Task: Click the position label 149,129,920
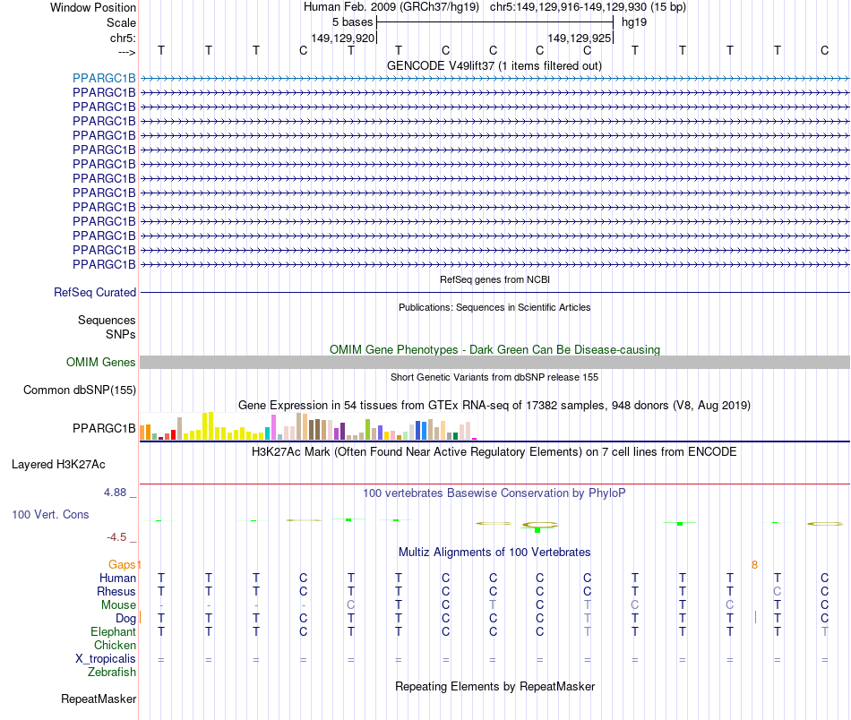[x=342, y=39]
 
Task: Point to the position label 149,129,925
[x=580, y=39]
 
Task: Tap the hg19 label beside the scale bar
[x=634, y=21]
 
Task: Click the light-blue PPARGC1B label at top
[x=104, y=78]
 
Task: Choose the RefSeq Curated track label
[x=95, y=292]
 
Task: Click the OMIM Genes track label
[x=101, y=363]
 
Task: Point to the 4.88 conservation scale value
[x=117, y=493]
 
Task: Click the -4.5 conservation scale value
[x=119, y=537]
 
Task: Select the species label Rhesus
[x=116, y=591]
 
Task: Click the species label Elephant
[x=113, y=631]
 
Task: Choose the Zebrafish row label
[x=111, y=672]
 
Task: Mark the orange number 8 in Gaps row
[x=755, y=564]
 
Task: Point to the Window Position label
[x=93, y=7]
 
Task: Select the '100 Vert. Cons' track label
[x=50, y=515]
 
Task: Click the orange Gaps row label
[x=122, y=564]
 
